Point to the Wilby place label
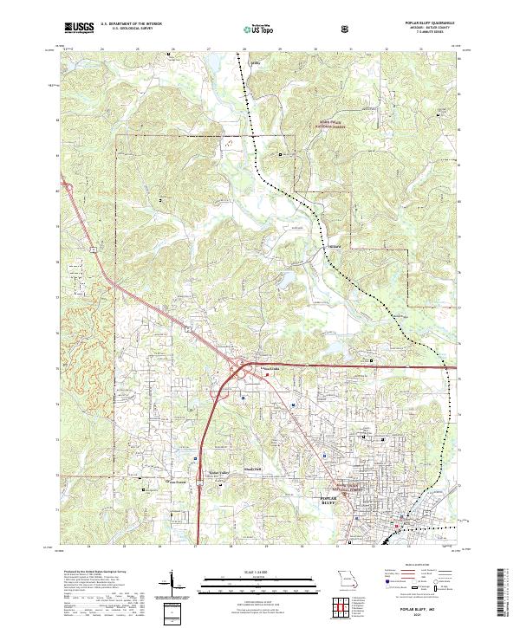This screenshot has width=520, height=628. pyautogui.click(x=255, y=63)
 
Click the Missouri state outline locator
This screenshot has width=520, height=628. pyautogui.click(x=348, y=577)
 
